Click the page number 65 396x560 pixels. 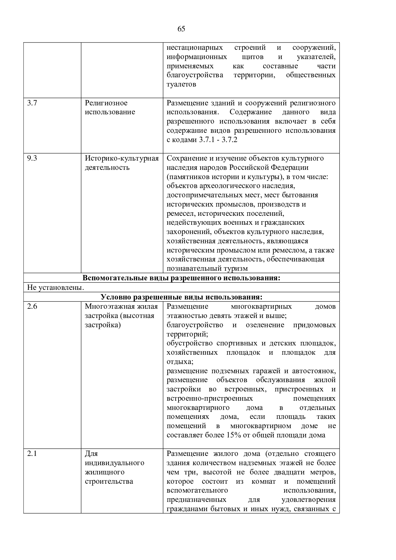coord(181,29)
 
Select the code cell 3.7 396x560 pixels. coord(32,103)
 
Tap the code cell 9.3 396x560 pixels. coord(32,158)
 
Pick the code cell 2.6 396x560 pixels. coord(32,306)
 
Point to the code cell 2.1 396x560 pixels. coord(32,454)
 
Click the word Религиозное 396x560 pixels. coord(106,103)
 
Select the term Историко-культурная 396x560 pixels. coord(122,158)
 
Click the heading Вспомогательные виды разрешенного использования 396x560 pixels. coord(181,278)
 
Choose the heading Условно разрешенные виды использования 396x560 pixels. coord(181,297)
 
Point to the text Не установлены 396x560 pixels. coord(56,288)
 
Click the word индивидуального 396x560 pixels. coord(115,463)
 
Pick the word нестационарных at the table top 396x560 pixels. coord(195,48)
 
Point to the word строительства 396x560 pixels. coord(109,481)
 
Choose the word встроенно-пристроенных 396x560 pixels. coord(210,398)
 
